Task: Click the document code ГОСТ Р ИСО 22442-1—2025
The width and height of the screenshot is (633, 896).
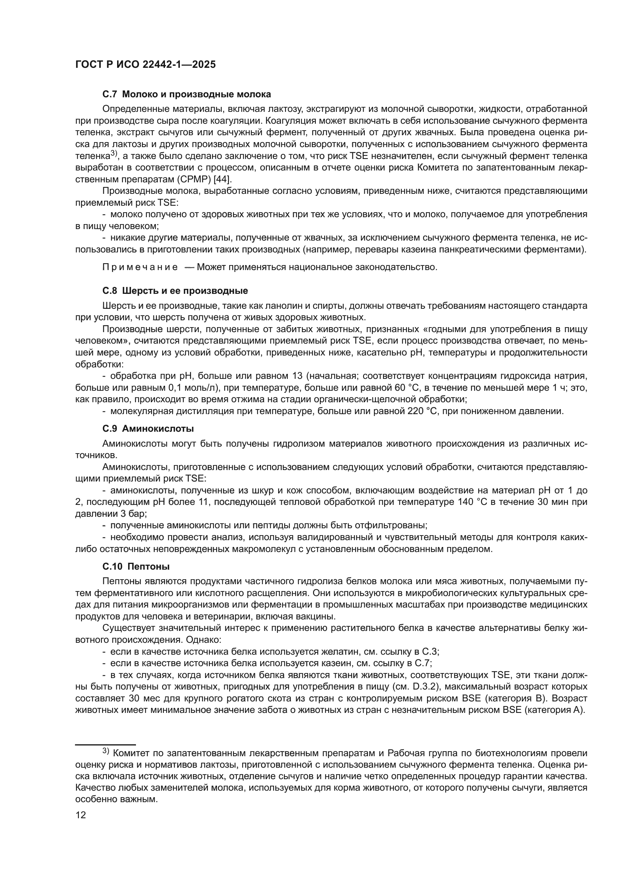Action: pos(145,65)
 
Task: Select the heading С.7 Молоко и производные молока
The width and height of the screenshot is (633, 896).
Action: pos(186,94)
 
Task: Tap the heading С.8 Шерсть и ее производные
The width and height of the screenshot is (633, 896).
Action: pos(175,291)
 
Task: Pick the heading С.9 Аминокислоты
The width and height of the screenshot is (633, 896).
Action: pos(148,429)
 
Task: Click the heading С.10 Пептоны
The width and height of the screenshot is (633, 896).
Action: pos(135,566)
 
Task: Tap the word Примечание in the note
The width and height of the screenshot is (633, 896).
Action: pos(140,267)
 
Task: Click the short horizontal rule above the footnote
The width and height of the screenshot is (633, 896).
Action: pos(105,745)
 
